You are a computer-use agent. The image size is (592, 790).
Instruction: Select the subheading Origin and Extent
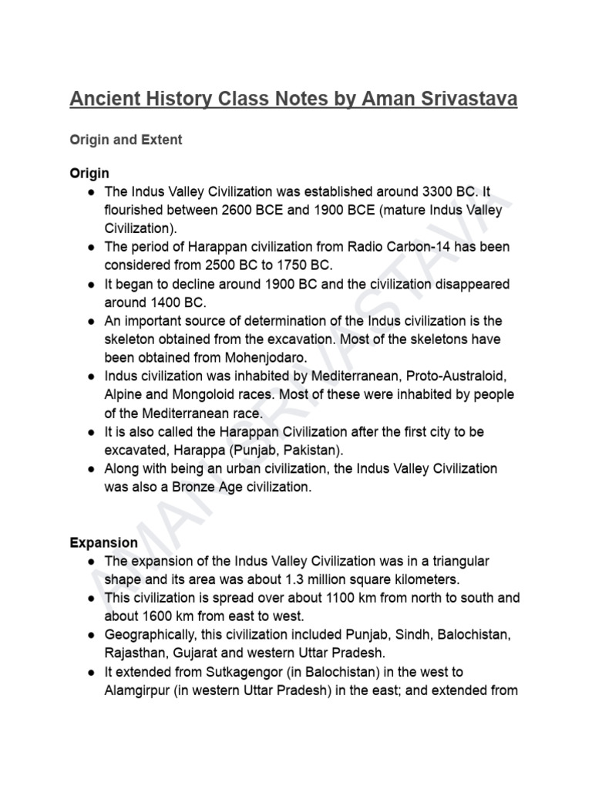[126, 140]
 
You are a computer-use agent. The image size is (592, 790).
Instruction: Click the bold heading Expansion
[104, 542]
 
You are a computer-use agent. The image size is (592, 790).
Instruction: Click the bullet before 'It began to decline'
[90, 284]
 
